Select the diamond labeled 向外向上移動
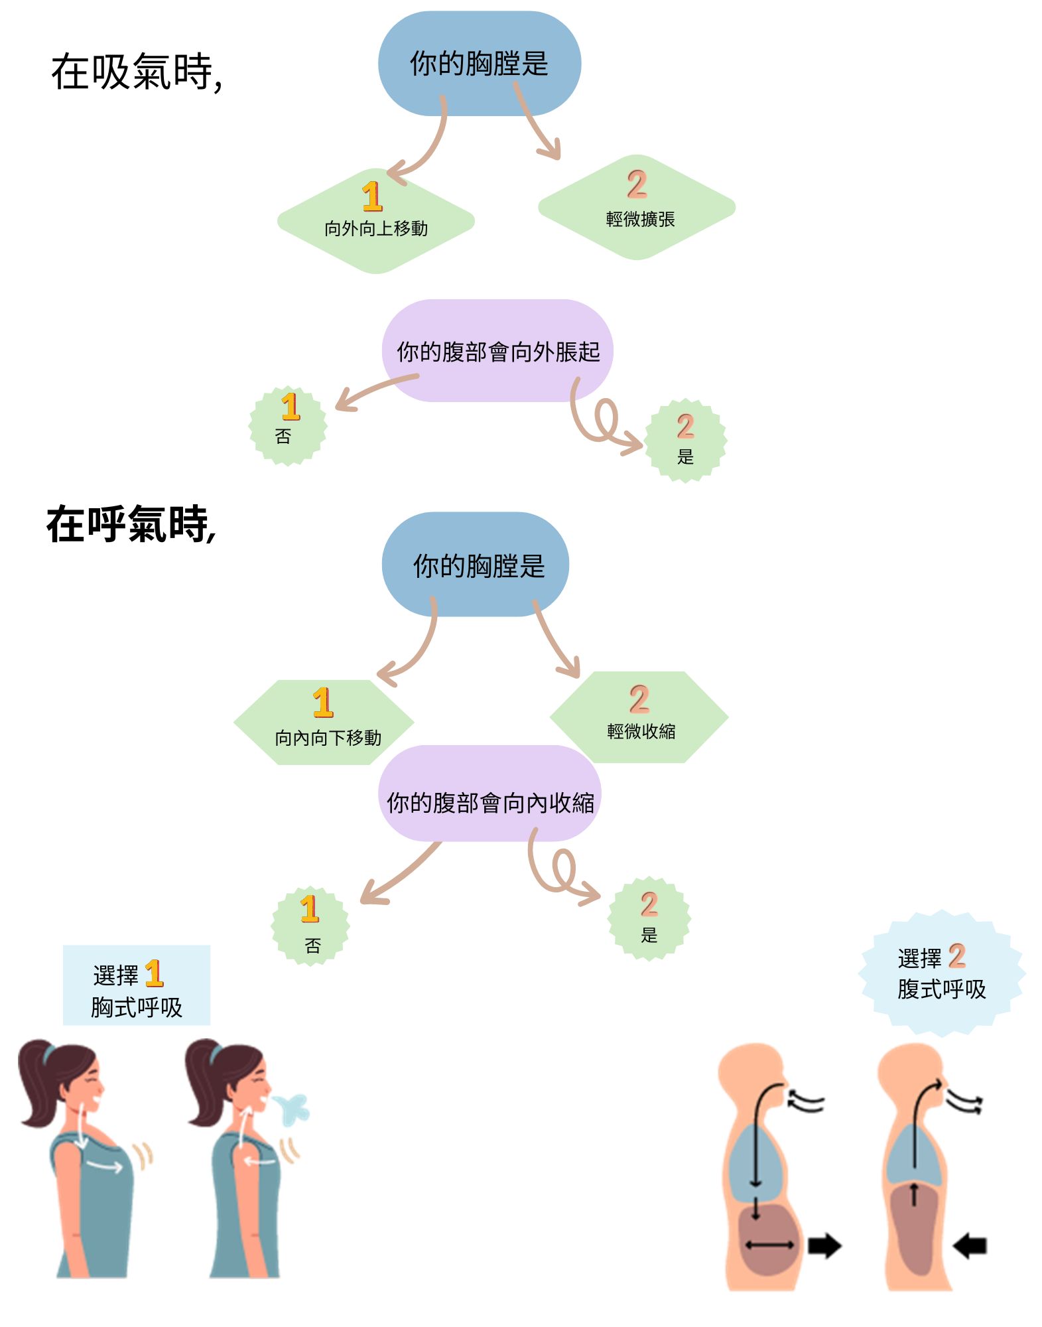click(x=375, y=221)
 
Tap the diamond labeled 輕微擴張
click(x=637, y=208)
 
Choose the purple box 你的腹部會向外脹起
click(x=497, y=351)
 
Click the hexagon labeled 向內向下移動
click(x=324, y=723)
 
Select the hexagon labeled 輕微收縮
click(x=639, y=717)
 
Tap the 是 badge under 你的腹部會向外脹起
click(x=685, y=441)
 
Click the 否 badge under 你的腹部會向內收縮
click(x=310, y=926)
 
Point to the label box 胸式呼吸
click(x=137, y=985)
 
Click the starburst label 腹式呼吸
click(x=941, y=974)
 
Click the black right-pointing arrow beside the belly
click(x=824, y=1246)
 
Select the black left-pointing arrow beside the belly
click(x=970, y=1246)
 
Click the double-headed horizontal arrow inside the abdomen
click(x=769, y=1245)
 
